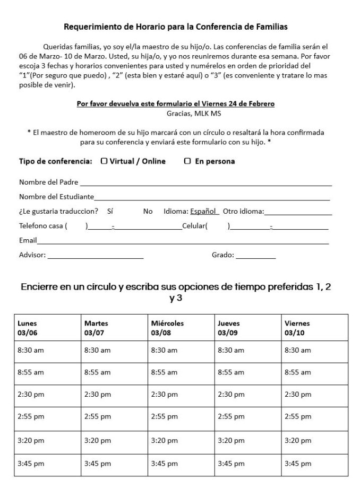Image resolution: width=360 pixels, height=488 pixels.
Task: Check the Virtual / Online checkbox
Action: [104, 161]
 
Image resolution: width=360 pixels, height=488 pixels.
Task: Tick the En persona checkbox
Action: [187, 161]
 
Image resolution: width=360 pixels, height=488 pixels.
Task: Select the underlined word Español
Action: [204, 211]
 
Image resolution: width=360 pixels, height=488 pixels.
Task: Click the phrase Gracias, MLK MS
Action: [183, 112]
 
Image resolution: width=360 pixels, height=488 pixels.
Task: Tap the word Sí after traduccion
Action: [110, 211]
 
